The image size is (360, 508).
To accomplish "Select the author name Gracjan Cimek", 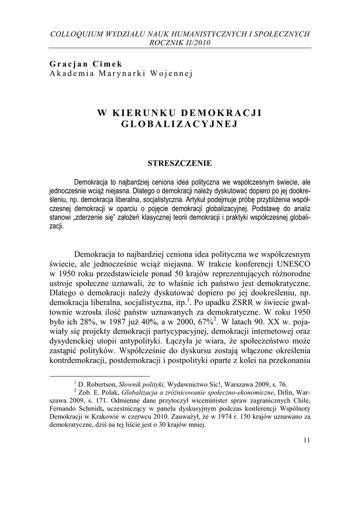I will click(86, 64).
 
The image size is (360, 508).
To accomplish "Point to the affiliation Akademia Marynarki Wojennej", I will click(120, 73).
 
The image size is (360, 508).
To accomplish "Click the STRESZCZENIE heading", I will click(180, 163).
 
